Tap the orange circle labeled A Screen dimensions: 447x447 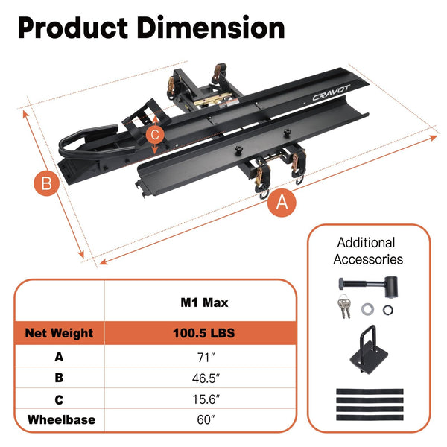pos(282,202)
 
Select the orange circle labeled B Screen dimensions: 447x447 pos(47,183)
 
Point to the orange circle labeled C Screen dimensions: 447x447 pos(155,134)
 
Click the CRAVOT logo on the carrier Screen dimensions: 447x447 pos(331,93)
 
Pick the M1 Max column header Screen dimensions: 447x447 pos(204,302)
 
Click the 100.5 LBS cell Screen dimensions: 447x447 pos(204,333)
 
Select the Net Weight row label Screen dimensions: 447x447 pos(59,333)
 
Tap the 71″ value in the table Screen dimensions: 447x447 pos(206,357)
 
